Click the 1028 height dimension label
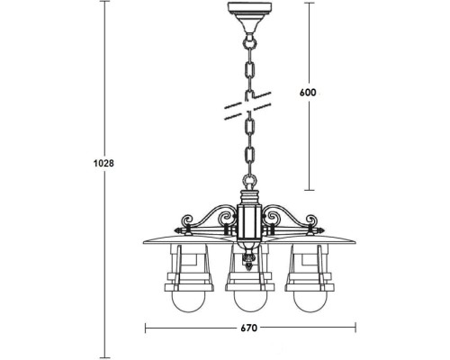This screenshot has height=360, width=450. coord(107,165)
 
